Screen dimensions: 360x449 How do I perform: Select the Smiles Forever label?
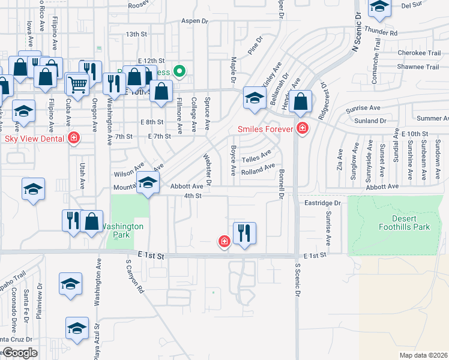[x=265, y=129]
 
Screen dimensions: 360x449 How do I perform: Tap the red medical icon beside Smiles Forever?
[x=303, y=128]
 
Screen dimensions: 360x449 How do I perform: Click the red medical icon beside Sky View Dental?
[x=74, y=138]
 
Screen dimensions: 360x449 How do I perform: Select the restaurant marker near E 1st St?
[x=244, y=232]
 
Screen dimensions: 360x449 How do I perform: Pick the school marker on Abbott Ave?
[x=148, y=183]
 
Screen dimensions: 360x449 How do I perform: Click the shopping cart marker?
[x=77, y=85]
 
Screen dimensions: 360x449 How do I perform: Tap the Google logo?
[x=19, y=353]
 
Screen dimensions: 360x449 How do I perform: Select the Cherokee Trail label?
[x=419, y=53]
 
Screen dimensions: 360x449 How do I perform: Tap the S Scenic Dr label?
[x=297, y=282]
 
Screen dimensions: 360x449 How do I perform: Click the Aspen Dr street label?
[x=194, y=20]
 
